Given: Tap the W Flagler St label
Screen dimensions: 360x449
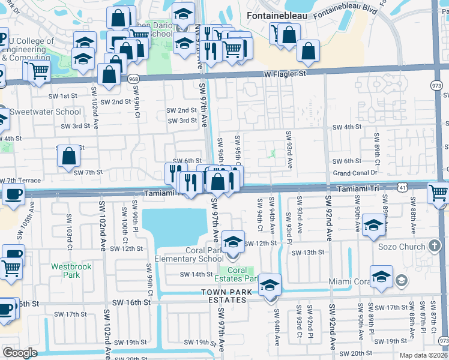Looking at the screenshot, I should coord(285,74).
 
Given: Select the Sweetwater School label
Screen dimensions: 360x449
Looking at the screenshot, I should coord(45,112).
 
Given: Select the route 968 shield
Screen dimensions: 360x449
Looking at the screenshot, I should coord(134,78).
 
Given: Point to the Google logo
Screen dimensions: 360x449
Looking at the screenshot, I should coord(20,353).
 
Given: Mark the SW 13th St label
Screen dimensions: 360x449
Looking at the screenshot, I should coord(308,253).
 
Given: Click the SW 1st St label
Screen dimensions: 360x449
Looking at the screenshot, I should coord(65,96).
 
